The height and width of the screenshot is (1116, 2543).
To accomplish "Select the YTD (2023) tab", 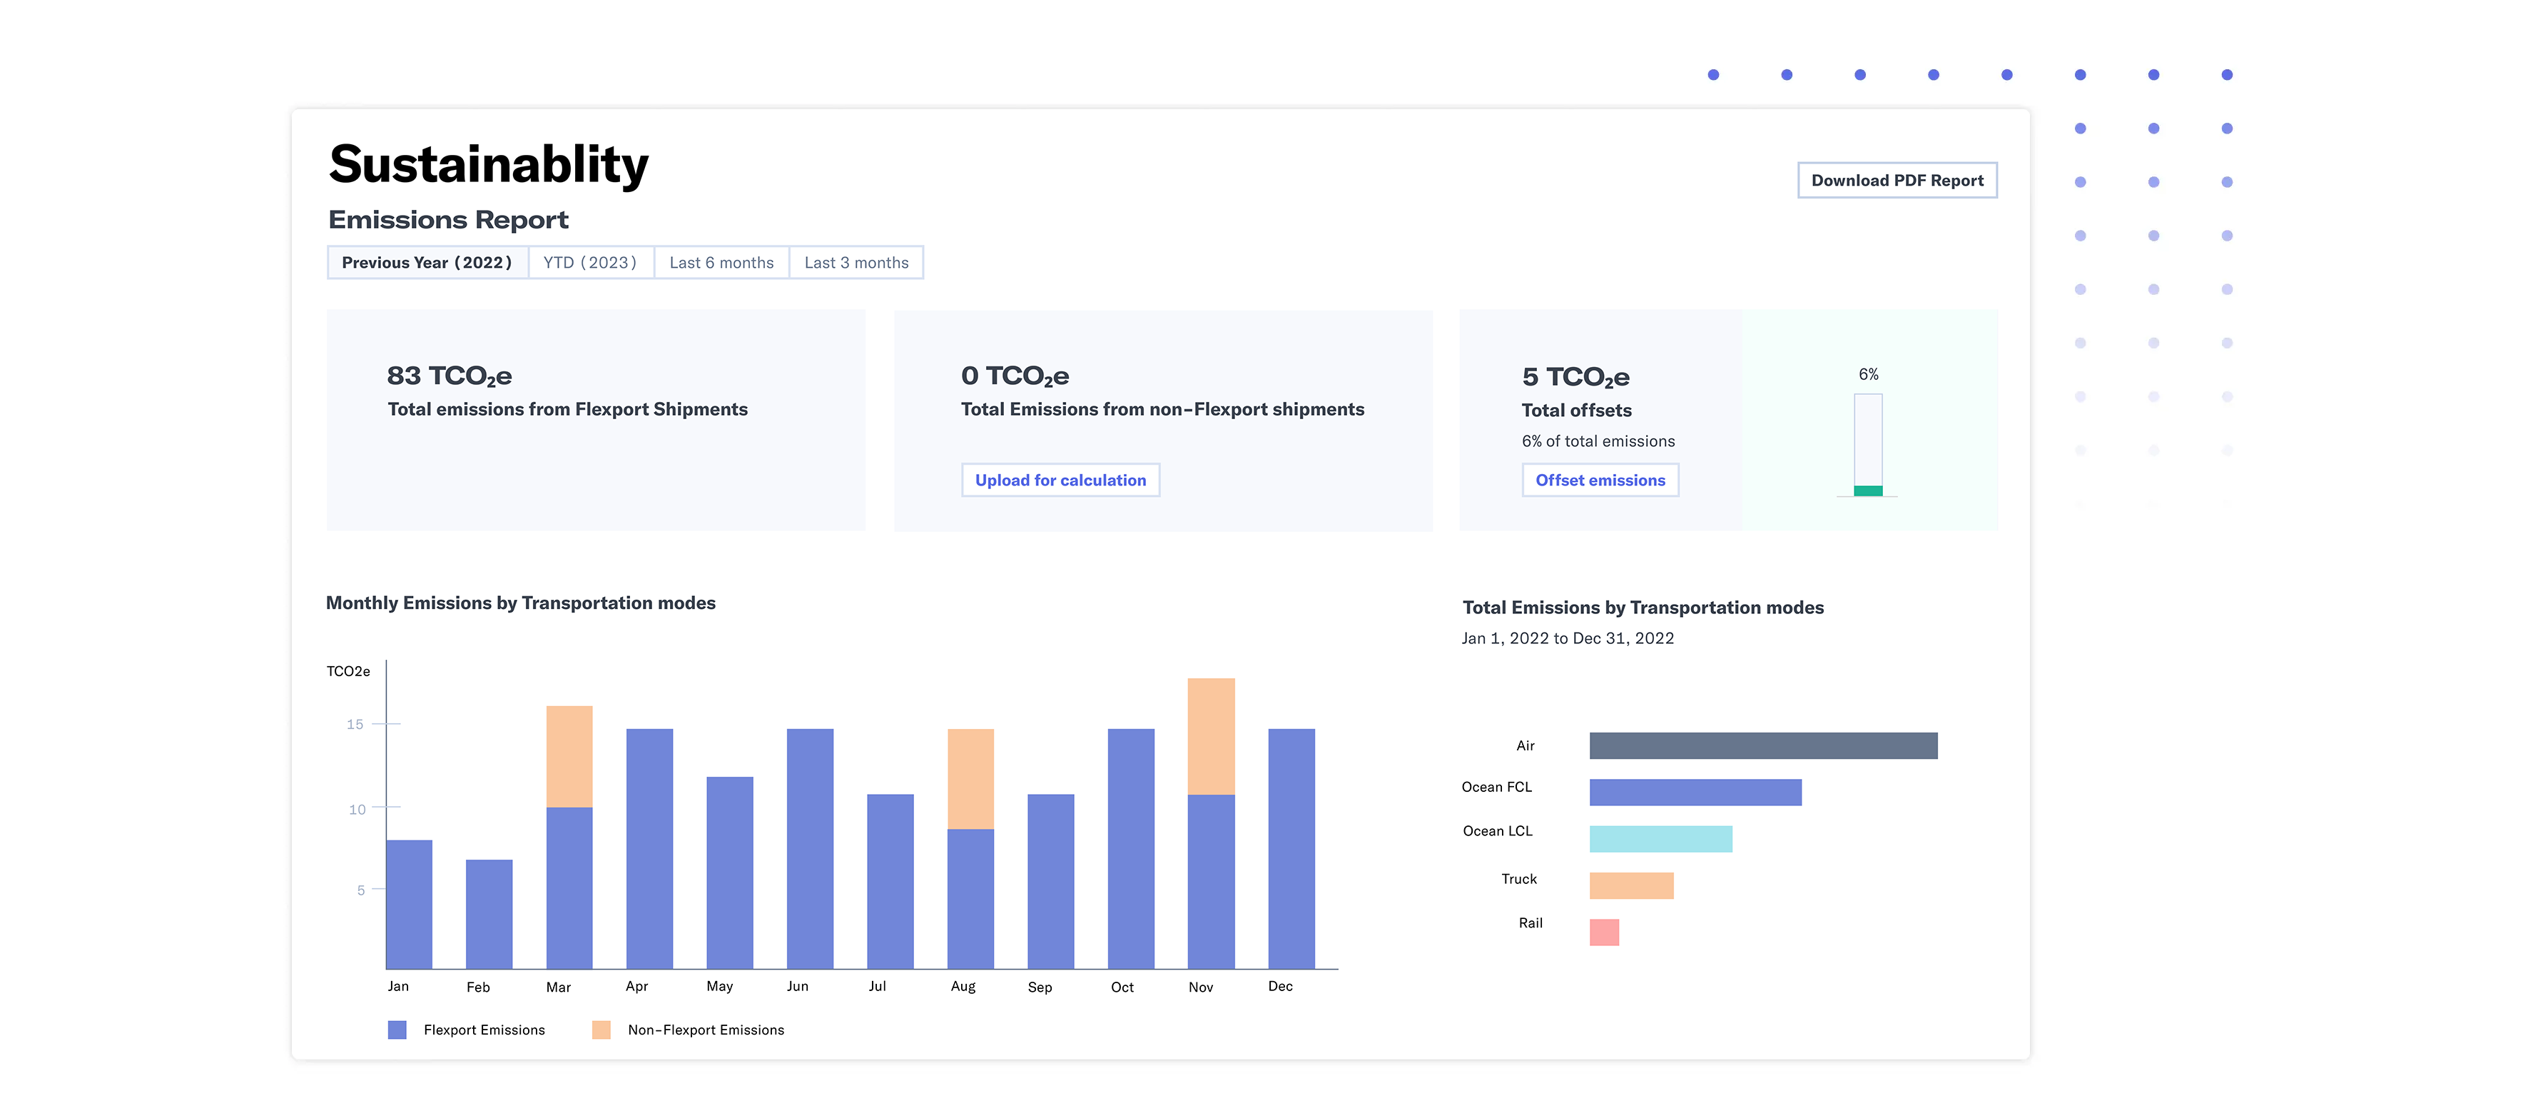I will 589,263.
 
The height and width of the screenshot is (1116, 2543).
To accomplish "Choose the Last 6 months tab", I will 721,263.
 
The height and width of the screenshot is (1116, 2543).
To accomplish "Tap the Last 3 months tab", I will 856,263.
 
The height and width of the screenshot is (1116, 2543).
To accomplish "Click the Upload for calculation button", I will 1060,480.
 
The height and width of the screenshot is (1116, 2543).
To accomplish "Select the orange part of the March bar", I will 569,757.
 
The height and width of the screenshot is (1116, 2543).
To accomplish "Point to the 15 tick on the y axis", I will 355,724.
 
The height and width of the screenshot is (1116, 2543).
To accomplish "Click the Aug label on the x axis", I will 963,987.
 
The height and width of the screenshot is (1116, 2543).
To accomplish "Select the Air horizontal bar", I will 1762,745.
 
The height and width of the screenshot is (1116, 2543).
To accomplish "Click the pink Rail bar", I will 1603,932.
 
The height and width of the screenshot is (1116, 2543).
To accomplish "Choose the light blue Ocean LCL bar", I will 1660,838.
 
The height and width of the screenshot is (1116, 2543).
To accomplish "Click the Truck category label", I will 1518,879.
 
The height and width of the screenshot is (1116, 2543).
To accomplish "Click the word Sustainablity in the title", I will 489,164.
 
